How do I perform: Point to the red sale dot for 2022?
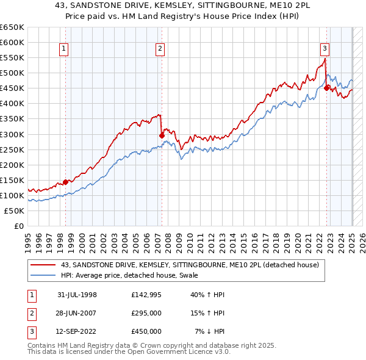coord(327,88)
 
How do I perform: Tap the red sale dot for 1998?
coord(66,182)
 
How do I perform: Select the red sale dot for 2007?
coord(162,135)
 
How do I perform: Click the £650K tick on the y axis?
coord(12,27)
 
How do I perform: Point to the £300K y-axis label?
coord(12,134)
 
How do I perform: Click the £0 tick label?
coord(18,226)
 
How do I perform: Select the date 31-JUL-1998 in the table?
coord(77,295)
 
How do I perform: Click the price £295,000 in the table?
coord(146,313)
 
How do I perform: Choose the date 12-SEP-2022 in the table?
coord(77,331)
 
